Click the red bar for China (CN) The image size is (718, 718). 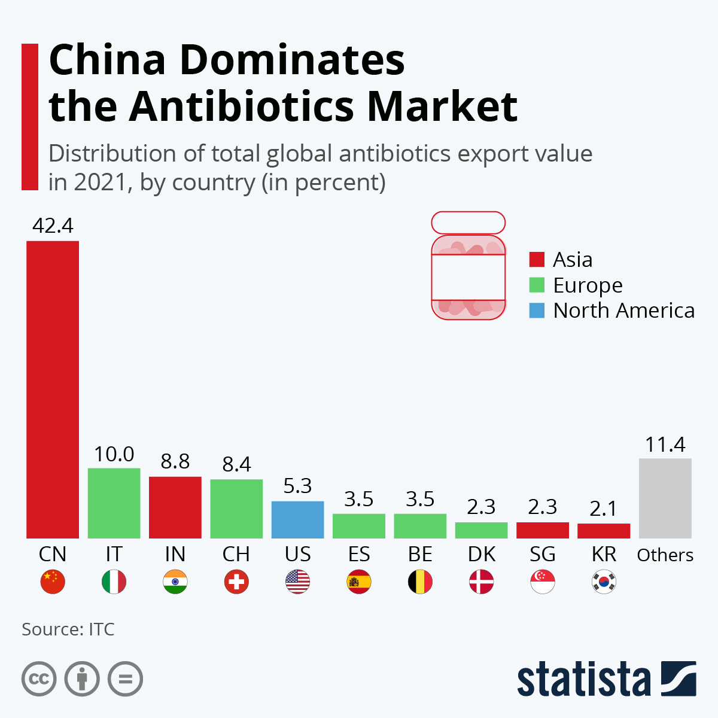pyautogui.click(x=53, y=389)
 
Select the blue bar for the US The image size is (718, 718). pyautogui.click(x=297, y=519)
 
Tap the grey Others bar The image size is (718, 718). pyautogui.click(x=665, y=498)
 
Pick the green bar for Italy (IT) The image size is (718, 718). pyautogui.click(x=114, y=503)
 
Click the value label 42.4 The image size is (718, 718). pyautogui.click(x=53, y=226)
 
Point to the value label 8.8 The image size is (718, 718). pyautogui.click(x=175, y=461)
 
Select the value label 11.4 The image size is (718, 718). pyautogui.click(x=665, y=445)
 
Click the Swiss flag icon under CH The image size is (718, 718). pyautogui.click(x=236, y=582)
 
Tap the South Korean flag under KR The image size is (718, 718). pyautogui.click(x=604, y=582)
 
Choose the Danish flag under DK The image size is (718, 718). pyautogui.click(x=481, y=582)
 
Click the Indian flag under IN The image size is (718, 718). pyautogui.click(x=175, y=582)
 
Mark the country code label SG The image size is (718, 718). pyautogui.click(x=543, y=555)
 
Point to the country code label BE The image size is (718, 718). pyautogui.click(x=420, y=555)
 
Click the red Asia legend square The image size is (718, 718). pyautogui.click(x=537, y=260)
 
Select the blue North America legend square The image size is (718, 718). pyautogui.click(x=537, y=311)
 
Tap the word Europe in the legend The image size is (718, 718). pyautogui.click(x=588, y=285)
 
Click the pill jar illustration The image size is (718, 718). pyautogui.click(x=468, y=266)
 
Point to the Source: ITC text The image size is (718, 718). pyautogui.click(x=68, y=629)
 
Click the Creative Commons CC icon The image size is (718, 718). pyautogui.click(x=39, y=679)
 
